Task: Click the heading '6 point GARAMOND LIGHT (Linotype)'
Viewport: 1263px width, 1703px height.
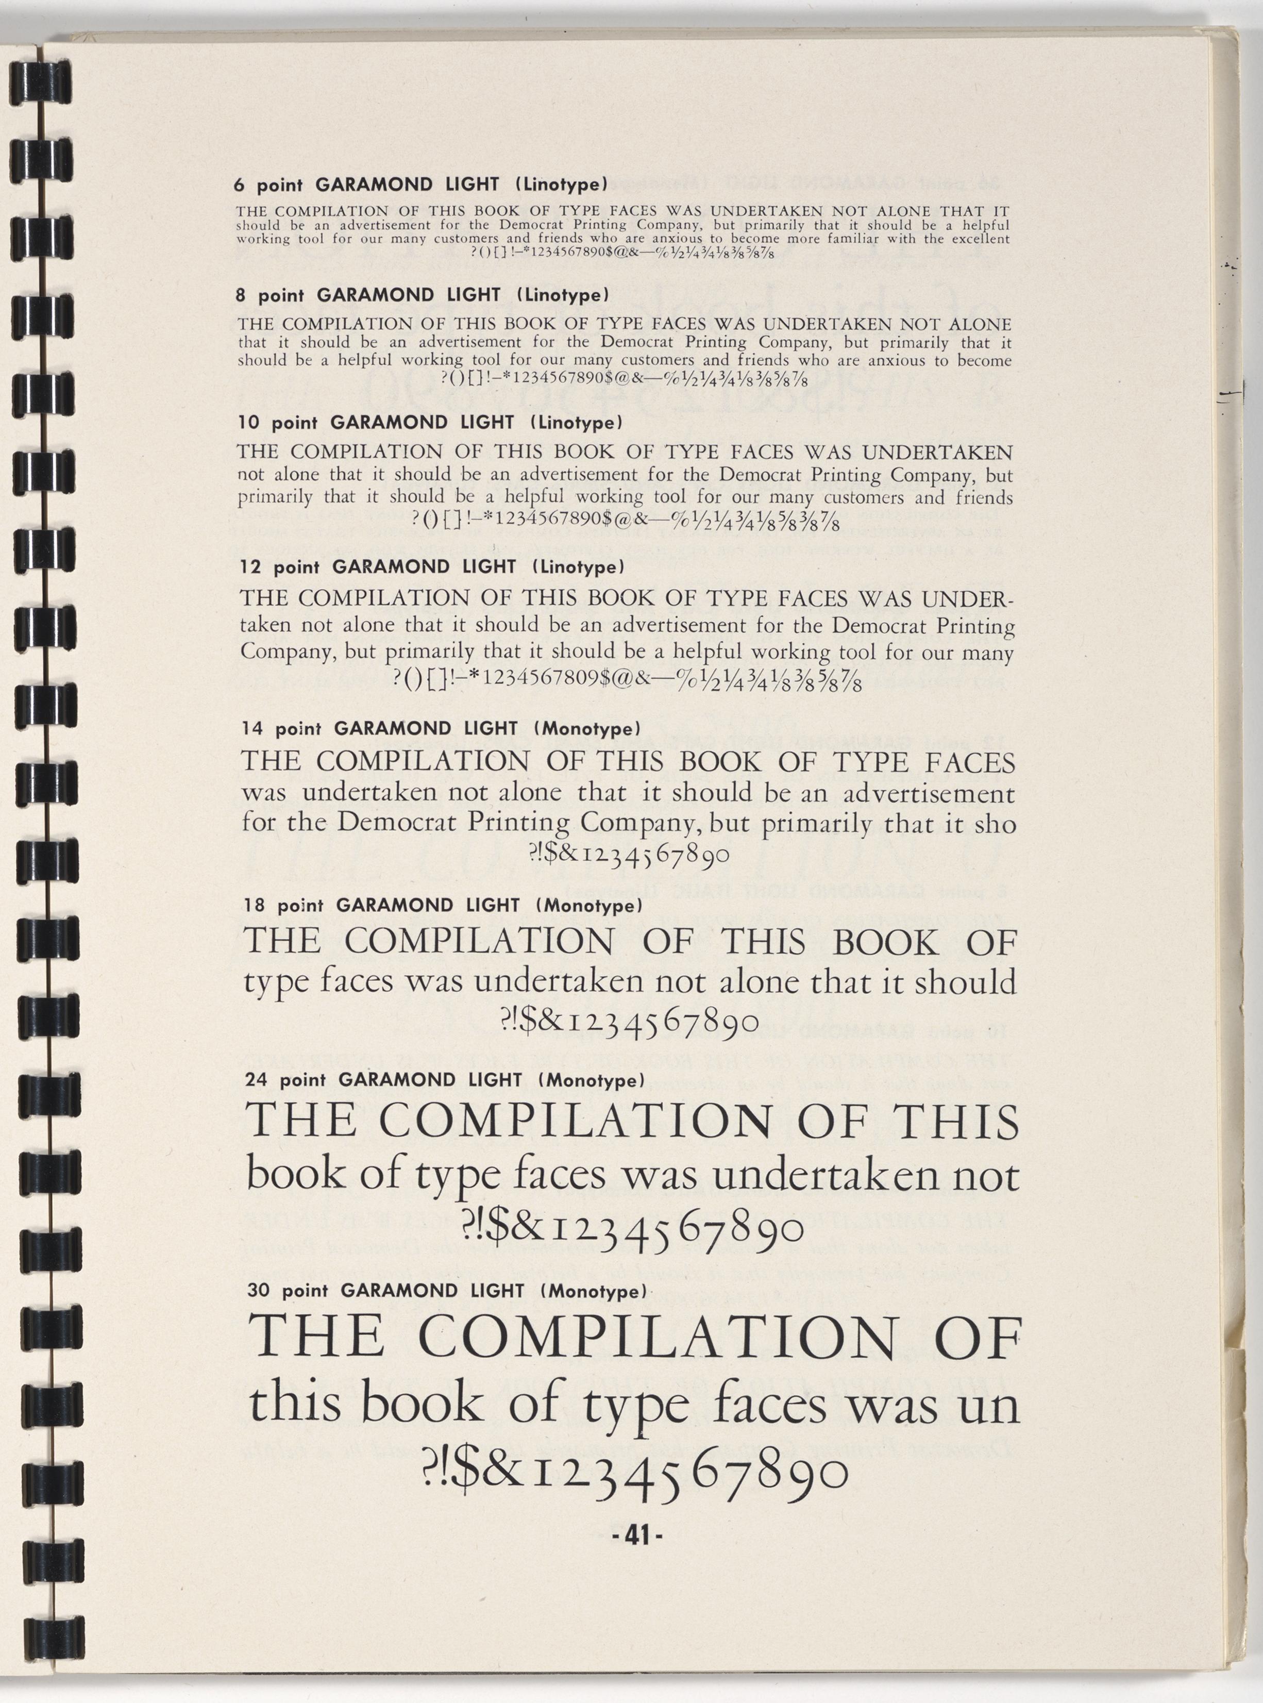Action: click(x=420, y=185)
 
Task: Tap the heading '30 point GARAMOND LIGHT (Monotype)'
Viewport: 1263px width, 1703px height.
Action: click(x=447, y=1291)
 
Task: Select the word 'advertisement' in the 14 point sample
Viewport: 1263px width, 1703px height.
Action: click(x=929, y=794)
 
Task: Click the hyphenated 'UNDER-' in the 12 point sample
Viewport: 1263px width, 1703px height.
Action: click(x=967, y=598)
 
